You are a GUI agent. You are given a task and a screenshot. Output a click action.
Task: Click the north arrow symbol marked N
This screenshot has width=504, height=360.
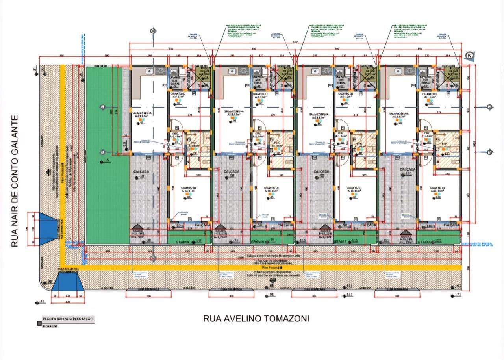click(469, 55)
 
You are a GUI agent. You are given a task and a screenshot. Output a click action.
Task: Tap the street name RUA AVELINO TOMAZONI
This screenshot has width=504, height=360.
click(256, 318)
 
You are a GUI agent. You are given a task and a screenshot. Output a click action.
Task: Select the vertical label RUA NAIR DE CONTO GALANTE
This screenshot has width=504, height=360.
click(15, 181)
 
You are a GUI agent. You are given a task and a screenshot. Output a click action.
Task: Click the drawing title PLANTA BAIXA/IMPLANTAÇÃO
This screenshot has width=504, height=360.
click(68, 319)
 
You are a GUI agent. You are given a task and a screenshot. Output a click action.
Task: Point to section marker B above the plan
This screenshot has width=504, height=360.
click(153, 31)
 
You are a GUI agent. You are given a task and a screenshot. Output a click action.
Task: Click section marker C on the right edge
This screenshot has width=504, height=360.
click(490, 107)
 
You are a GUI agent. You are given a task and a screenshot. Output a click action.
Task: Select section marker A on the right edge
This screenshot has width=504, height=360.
click(490, 152)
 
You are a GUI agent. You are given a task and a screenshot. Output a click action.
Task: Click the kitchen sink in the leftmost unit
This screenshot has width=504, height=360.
click(150, 71)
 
